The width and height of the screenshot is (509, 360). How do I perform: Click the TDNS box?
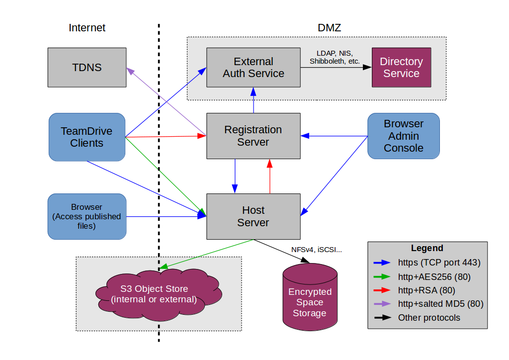87,67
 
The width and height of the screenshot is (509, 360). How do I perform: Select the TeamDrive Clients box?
86,137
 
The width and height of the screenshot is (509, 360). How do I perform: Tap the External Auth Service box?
254,68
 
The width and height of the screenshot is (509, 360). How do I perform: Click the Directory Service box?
401,68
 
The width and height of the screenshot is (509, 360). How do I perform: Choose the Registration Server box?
254,136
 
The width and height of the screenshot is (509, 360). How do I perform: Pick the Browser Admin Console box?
404,136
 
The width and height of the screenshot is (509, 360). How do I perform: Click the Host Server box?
254,216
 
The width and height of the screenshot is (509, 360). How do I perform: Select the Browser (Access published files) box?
86,216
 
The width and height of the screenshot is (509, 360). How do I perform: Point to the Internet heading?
87,28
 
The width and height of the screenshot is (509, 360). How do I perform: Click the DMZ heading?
329,28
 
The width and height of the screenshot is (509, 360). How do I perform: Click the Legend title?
427,248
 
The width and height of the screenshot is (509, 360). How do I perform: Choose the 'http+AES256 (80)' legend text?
434,276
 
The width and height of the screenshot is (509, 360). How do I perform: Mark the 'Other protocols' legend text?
429,318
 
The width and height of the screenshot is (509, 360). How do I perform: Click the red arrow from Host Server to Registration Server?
270,177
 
